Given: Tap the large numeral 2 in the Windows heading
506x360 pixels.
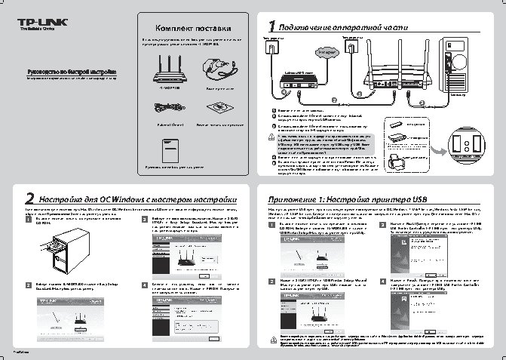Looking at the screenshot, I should (30, 198).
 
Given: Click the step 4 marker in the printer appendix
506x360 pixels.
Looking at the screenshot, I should (384, 280).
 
